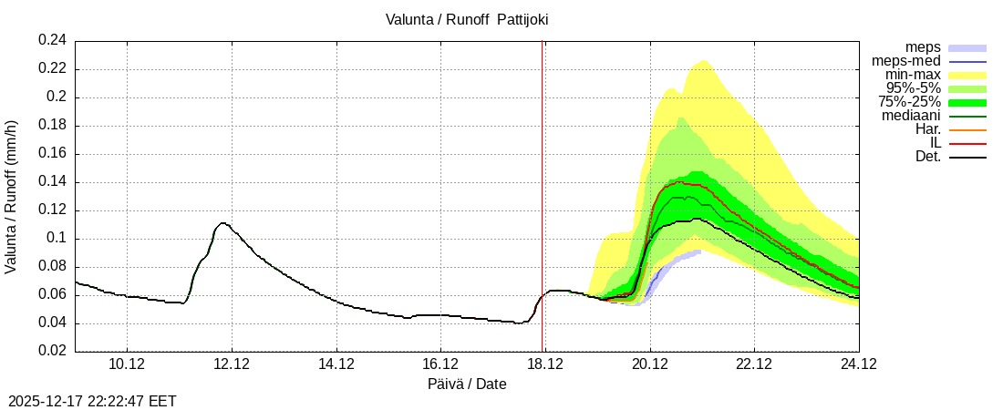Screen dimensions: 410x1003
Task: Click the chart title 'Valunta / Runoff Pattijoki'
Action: pos(467,18)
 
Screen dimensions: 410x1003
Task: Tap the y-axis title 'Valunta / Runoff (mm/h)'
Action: pos(12,196)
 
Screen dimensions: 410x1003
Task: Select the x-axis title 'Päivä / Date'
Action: pos(467,384)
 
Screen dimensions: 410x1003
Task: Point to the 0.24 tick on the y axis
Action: pos(52,40)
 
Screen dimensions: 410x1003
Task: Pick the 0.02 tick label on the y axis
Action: pos(52,352)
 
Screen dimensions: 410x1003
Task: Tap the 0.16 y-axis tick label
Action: pos(52,154)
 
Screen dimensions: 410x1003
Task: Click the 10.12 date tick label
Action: pos(127,364)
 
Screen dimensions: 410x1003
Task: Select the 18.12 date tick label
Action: pos(545,364)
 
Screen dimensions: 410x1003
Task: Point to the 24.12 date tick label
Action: pos(859,364)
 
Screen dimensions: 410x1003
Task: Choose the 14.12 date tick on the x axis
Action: pos(336,364)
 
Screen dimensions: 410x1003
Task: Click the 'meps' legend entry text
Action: pos(923,47)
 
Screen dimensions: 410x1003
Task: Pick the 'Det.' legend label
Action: pos(927,157)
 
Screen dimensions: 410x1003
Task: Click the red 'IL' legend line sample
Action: pos(967,144)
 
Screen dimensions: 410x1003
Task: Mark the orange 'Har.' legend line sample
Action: pos(967,130)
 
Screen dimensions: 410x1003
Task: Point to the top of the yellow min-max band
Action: pos(703,61)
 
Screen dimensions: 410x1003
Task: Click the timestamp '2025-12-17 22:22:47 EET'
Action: pos(92,401)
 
